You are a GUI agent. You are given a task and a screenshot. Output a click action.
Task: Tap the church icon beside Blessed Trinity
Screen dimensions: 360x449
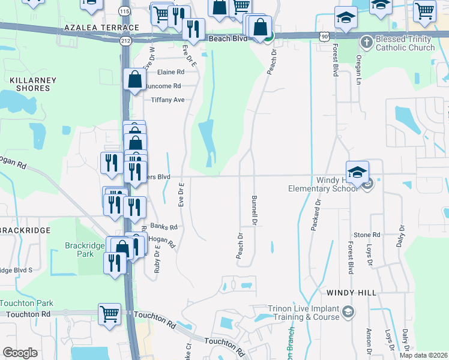(x=367, y=42)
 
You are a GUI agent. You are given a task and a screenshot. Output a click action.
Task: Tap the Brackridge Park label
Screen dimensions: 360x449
(x=79, y=250)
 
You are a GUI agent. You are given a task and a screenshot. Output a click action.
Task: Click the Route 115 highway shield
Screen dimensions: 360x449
(x=124, y=11)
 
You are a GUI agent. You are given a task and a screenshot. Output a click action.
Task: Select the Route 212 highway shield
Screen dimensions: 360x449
(x=125, y=41)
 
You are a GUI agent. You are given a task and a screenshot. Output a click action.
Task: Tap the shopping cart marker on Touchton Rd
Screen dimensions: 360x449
(x=109, y=314)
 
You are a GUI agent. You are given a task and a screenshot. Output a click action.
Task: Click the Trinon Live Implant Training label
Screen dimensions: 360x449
(x=300, y=313)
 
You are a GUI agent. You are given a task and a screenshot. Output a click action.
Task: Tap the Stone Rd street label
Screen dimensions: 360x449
(x=367, y=235)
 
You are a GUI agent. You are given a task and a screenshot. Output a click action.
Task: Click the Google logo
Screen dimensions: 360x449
(x=20, y=353)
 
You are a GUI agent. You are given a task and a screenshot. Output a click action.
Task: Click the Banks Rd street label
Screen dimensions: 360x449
(x=164, y=227)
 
